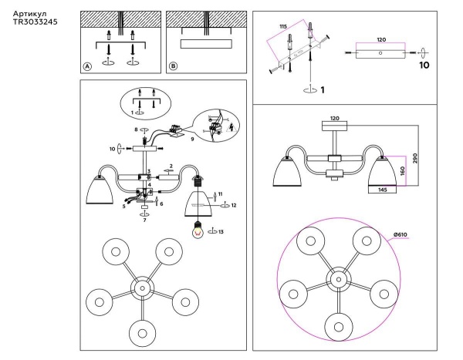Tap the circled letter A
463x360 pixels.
(88, 67)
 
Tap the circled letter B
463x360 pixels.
(173, 67)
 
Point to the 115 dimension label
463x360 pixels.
(283, 27)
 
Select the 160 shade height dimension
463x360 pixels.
(401, 170)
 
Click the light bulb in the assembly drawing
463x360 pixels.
(199, 229)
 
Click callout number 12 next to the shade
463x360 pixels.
(234, 205)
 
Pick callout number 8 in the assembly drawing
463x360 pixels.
(137, 130)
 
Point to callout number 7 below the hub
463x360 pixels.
(144, 220)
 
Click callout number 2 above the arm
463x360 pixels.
(171, 167)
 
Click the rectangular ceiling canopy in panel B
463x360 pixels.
(204, 43)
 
